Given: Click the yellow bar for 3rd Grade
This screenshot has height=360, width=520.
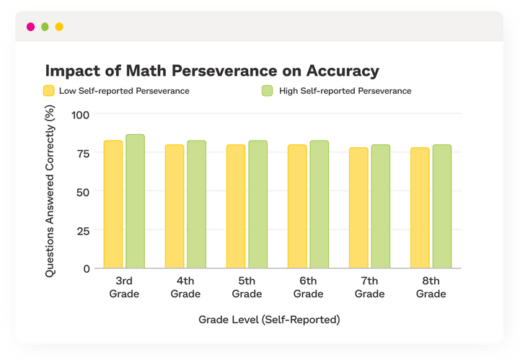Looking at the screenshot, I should coord(113,204).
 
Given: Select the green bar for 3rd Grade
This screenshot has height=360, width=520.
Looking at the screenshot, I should coord(135,201).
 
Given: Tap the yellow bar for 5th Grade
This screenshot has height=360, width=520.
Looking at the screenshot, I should coord(236,206).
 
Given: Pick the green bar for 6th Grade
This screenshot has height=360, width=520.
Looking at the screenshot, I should coord(320,204).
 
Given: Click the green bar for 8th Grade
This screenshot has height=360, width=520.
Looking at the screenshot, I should coord(442,206).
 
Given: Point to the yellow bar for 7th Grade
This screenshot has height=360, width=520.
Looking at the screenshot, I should coord(358,208).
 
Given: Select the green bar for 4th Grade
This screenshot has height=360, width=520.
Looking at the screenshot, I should coord(196,204).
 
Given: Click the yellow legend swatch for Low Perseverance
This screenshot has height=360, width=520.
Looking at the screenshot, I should coord(49,91).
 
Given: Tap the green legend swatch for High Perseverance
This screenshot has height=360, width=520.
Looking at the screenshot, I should coord(266,91).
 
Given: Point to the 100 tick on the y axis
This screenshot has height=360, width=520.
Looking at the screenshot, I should coord(81,115).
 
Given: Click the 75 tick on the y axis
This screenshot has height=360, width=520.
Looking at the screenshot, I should coord(84,153).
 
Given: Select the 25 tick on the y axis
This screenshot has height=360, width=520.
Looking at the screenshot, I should coord(84,230).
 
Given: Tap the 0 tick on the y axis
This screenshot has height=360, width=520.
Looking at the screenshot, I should coord(87,268).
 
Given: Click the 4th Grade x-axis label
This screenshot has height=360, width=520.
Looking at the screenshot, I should coord(185,287).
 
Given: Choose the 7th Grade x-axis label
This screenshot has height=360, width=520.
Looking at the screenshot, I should coord(369,287).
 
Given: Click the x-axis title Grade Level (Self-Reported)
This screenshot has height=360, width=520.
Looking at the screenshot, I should coord(269,319).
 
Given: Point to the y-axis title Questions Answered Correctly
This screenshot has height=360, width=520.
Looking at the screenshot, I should coord(50,191).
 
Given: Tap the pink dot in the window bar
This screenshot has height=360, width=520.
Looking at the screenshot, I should coord(30,27).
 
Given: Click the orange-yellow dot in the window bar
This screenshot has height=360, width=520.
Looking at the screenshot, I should coord(59,27).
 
